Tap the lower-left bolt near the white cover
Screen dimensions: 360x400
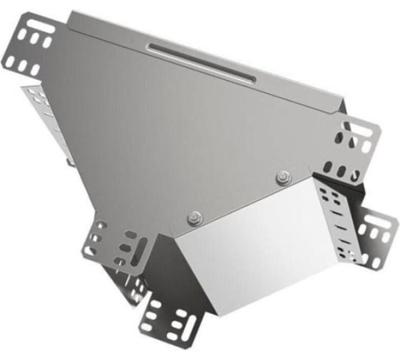pyautogui.click(x=194, y=216)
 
